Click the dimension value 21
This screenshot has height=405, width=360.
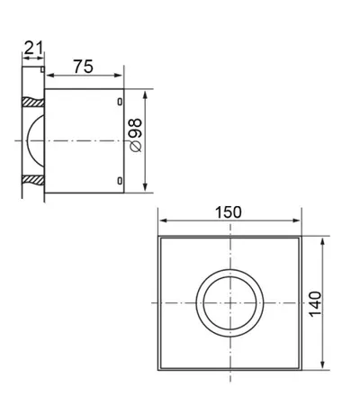coord(33,48)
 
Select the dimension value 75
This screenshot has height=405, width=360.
coord(84,67)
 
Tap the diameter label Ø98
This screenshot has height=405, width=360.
coord(135,135)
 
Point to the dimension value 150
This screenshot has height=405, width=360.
coord(229,212)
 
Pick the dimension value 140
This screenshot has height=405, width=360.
coord(315,304)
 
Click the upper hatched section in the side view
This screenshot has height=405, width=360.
coord(33,102)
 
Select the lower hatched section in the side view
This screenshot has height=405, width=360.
coord(33,180)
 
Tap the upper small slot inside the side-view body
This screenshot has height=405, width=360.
coord(120,102)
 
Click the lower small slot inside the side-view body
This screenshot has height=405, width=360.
coord(120,181)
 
